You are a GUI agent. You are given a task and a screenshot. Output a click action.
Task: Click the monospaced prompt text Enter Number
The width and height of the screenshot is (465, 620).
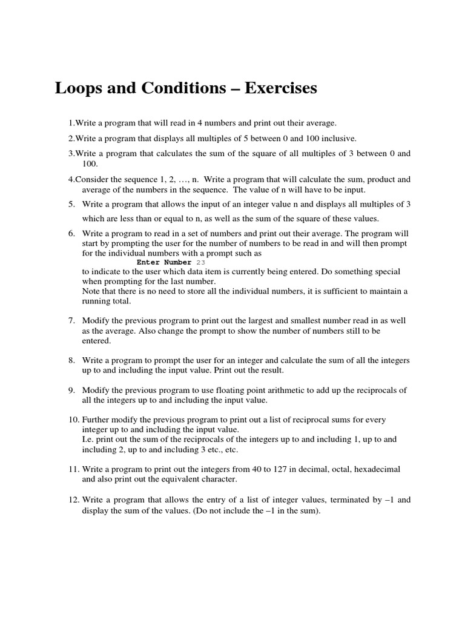(x=164, y=263)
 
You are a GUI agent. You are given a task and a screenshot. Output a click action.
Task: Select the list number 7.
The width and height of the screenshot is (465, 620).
(x=71, y=320)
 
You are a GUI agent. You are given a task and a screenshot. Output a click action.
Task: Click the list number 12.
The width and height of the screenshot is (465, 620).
(x=72, y=500)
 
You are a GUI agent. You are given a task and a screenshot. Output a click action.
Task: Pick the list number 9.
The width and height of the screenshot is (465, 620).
(x=71, y=390)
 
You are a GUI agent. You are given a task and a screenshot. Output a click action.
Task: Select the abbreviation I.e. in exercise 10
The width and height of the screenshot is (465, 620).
(x=90, y=439)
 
